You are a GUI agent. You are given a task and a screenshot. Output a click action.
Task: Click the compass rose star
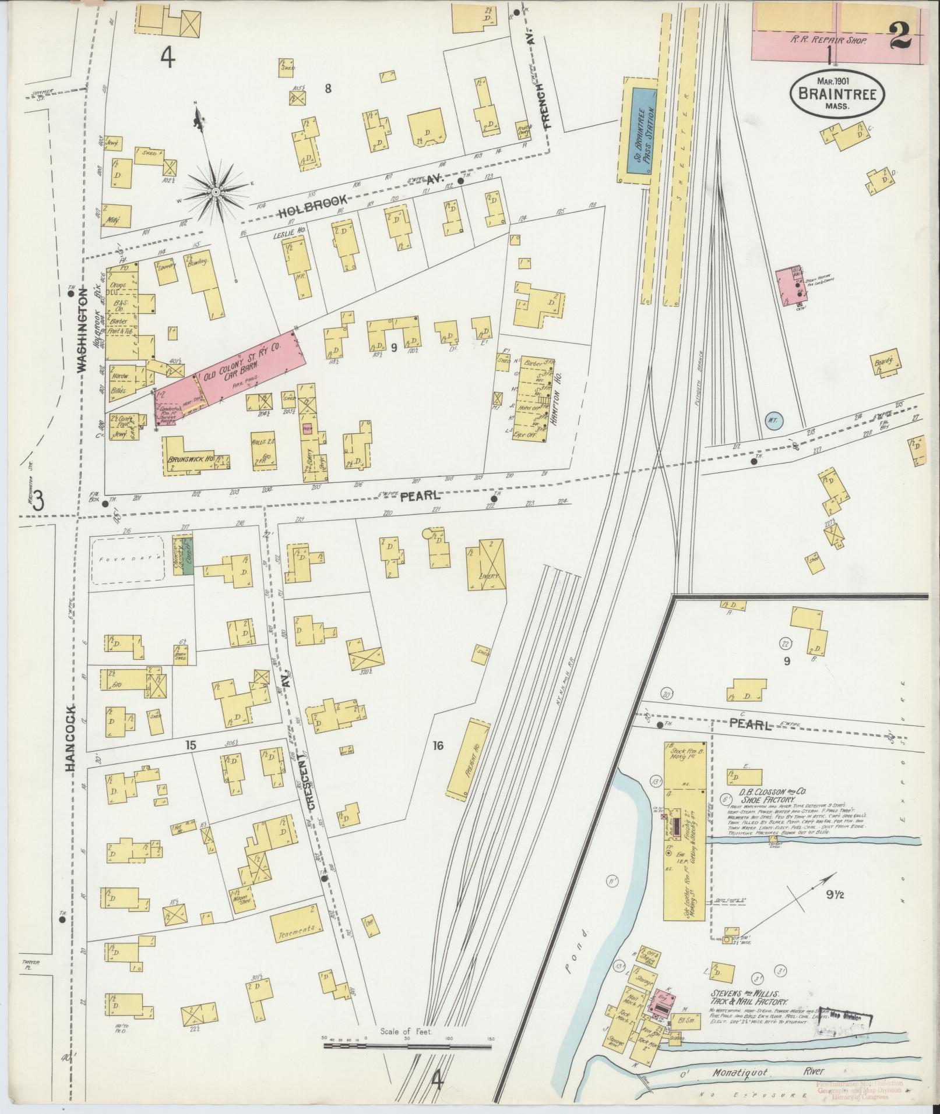[215, 191]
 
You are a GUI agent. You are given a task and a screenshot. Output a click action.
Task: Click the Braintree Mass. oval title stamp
[837, 94]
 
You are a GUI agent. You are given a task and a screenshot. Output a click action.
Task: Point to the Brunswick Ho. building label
[188, 458]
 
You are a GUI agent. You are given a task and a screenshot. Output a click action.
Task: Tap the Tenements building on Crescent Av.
[297, 928]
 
